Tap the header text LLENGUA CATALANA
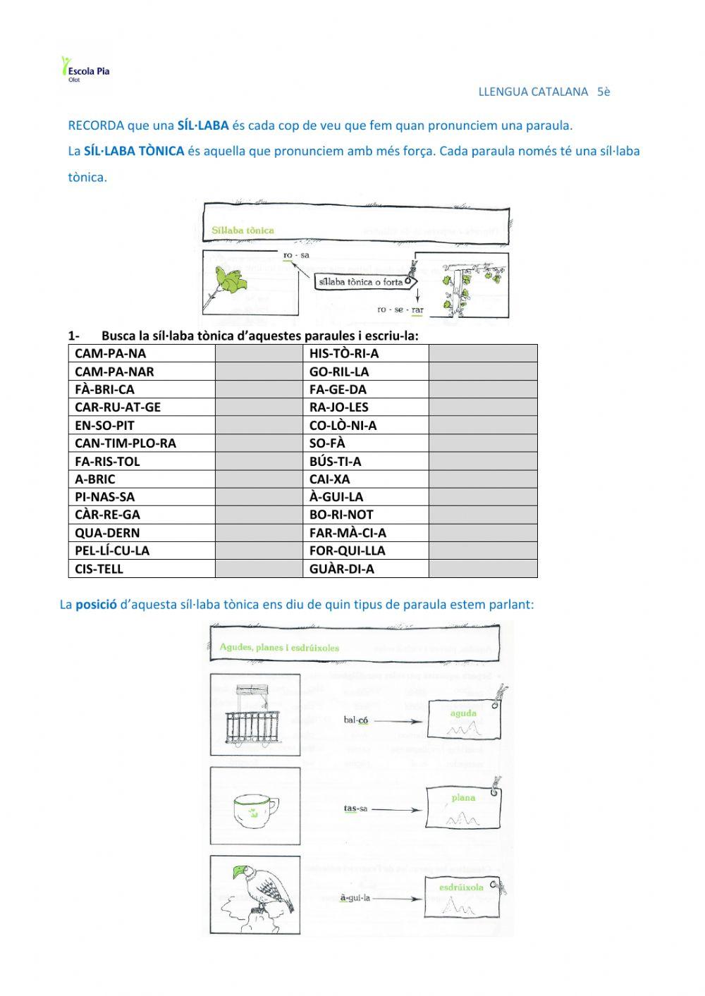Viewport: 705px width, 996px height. [533, 92]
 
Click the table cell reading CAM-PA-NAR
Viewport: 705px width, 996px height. [114, 371]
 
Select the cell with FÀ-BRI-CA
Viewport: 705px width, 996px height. [104, 389]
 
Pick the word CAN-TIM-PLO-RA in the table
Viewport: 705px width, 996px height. [125, 443]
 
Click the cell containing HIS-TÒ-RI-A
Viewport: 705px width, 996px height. [344, 353]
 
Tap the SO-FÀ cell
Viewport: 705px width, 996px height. [327, 443]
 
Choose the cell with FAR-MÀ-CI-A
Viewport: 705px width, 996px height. [348, 533]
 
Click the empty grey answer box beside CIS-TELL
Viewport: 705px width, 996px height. [259, 569]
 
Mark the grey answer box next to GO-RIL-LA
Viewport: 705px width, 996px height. [483, 371]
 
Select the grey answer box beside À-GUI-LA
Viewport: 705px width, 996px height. [483, 497]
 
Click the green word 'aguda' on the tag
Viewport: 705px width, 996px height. [463, 713]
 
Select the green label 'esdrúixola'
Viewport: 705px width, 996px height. [461, 887]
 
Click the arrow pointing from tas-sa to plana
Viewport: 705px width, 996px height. [396, 810]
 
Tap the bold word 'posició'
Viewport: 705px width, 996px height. [96, 605]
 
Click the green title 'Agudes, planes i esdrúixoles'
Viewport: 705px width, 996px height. [279, 647]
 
